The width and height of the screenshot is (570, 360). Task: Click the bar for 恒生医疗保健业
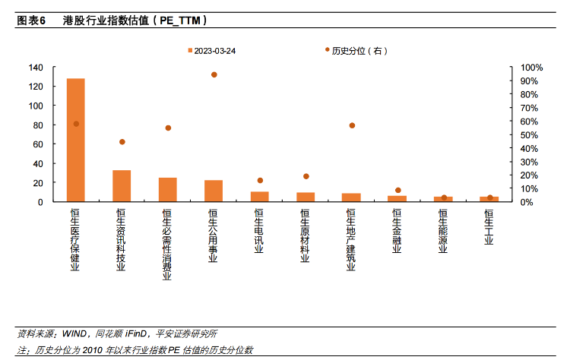76,141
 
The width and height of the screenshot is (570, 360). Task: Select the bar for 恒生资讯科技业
122,186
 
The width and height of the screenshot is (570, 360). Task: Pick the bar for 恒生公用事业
214,191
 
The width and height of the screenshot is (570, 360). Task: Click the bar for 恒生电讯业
260,197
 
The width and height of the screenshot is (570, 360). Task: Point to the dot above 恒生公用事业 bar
214,74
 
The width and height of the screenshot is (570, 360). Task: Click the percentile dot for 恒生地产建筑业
352,125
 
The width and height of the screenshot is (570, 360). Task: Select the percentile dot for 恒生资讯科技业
122,142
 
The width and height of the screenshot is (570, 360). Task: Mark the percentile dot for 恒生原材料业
306,176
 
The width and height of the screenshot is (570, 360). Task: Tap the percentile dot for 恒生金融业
398,191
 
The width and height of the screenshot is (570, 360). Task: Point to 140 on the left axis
36,68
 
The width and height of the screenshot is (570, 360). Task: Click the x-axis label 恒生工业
489,226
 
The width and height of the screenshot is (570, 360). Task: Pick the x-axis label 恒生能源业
443,231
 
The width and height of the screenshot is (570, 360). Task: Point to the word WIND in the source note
74,333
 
